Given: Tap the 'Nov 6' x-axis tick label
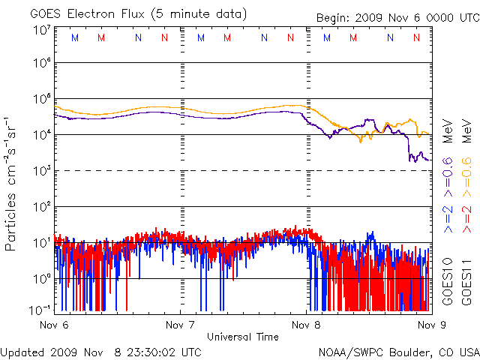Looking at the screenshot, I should [x=53, y=325].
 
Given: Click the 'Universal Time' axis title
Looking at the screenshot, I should [x=242, y=336].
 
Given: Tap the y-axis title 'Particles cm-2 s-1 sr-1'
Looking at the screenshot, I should [x=13, y=184].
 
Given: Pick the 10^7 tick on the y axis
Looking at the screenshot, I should [x=40, y=31].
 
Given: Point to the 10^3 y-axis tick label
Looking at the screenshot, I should [x=40, y=171].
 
